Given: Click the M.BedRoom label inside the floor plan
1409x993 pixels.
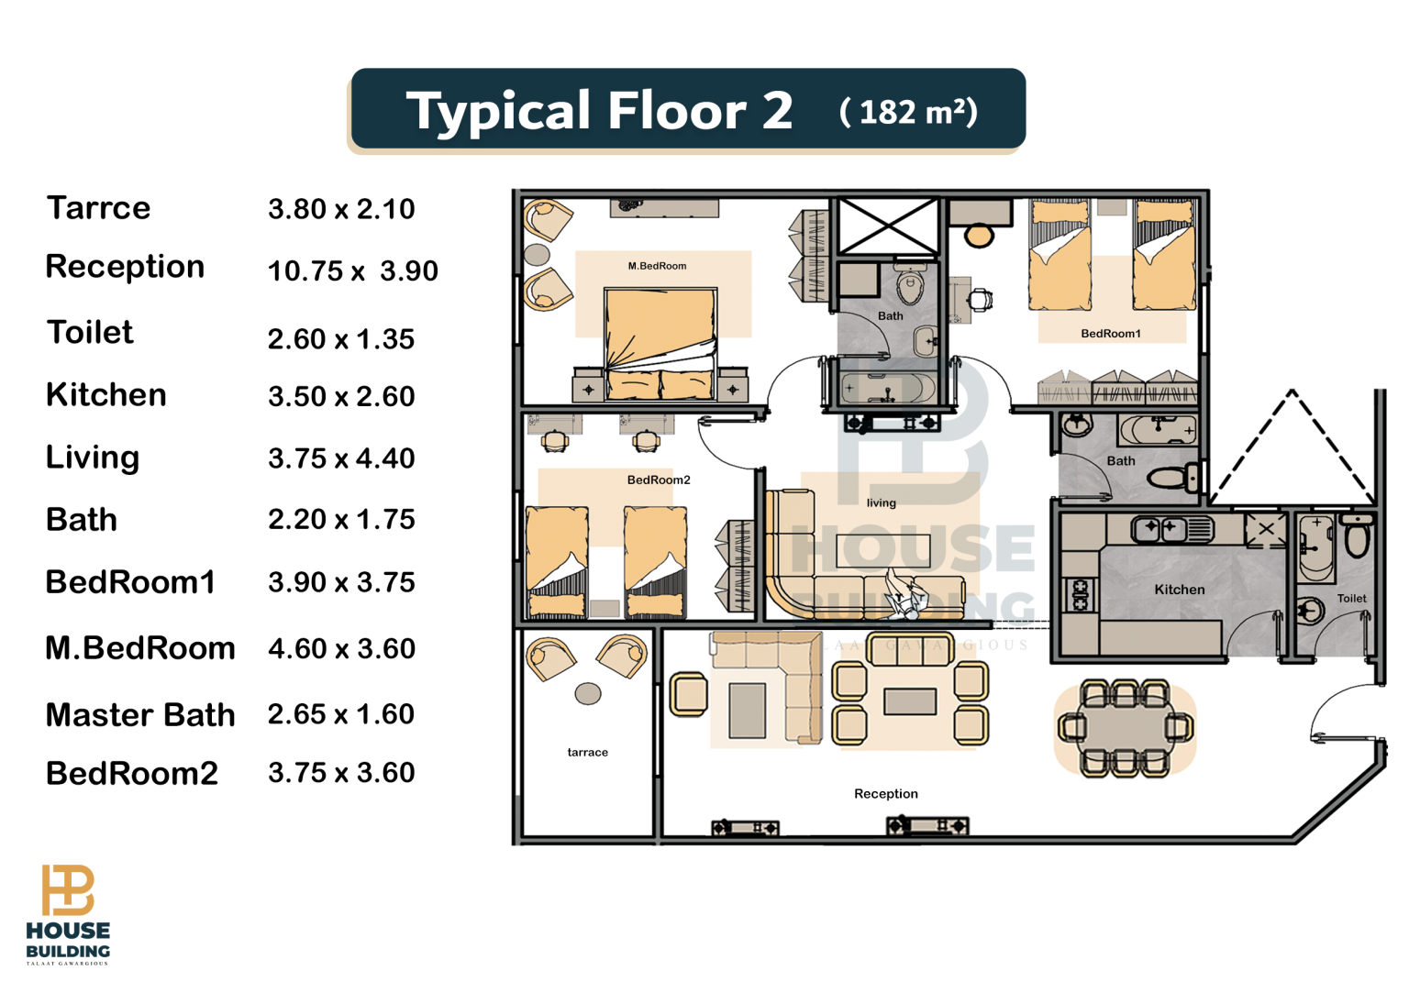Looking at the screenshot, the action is click(x=657, y=266).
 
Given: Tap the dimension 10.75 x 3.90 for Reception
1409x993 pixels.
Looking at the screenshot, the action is click(x=353, y=271).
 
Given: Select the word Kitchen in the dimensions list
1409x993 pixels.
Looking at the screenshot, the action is click(x=106, y=395).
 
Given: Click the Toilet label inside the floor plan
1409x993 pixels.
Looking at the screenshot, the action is click(x=1352, y=598).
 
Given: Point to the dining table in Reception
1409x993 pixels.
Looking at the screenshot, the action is click(x=1126, y=728).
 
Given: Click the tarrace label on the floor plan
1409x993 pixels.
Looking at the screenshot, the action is click(x=587, y=752).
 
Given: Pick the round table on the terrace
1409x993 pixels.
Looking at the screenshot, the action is click(x=587, y=694).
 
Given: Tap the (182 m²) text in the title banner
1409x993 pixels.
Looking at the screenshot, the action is click(x=908, y=112).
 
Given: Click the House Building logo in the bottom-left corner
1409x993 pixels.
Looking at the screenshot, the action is click(x=68, y=914).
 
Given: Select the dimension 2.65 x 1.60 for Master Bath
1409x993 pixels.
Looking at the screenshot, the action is click(x=341, y=714).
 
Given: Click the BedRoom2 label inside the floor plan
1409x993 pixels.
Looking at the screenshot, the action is click(x=659, y=480).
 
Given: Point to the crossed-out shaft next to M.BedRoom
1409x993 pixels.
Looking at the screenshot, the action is click(x=888, y=226).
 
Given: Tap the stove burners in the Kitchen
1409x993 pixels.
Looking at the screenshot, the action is click(x=1080, y=595).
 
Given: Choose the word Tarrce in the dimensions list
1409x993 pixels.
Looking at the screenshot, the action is click(x=98, y=208).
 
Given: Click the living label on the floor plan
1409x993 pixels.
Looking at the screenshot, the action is click(x=881, y=502).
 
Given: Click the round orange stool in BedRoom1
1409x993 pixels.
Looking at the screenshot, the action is click(x=979, y=236).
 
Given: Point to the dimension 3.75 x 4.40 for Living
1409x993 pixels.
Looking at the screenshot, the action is click(x=341, y=458).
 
